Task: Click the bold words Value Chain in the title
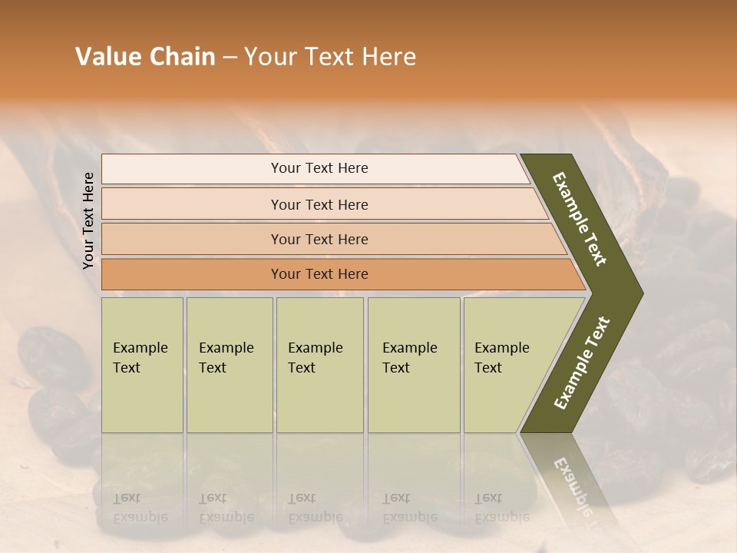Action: [145, 57]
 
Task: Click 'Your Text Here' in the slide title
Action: [330, 57]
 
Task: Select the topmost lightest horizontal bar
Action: [192, 168]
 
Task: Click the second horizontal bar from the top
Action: [192, 204]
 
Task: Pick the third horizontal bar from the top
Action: [192, 239]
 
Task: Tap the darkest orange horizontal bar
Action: [192, 274]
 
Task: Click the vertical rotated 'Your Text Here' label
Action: [88, 221]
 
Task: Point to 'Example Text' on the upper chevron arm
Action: [580, 219]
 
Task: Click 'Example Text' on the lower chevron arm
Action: [582, 363]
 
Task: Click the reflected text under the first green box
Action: [140, 508]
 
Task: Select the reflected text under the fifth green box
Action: [501, 508]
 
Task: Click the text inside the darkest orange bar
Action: [319, 274]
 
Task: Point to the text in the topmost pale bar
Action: [319, 168]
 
